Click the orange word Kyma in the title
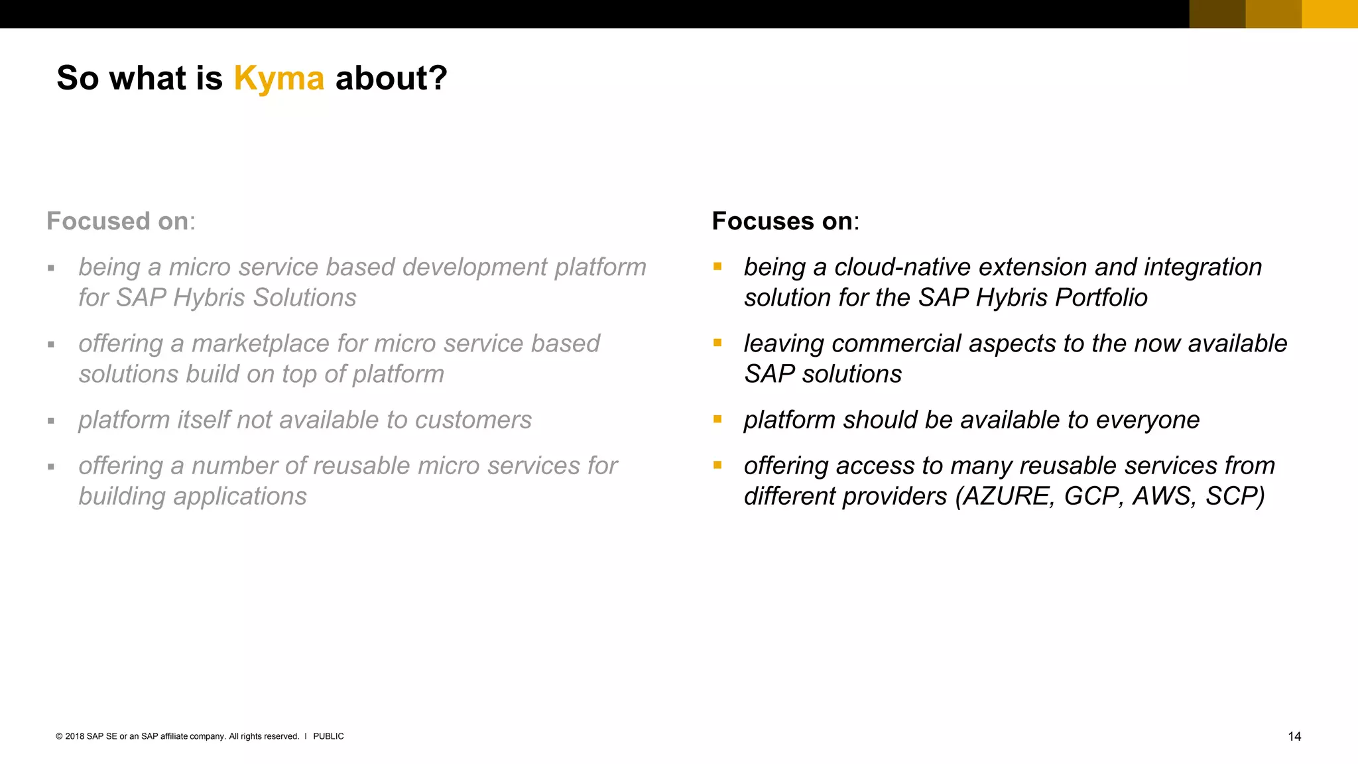pos(278,78)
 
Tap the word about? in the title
pos(391,78)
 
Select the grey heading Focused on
pos(119,221)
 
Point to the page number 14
pos(1294,736)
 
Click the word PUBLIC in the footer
pos(328,736)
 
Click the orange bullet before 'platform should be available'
pos(717,419)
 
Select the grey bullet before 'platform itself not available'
pos(51,420)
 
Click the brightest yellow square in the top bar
pos(1329,13)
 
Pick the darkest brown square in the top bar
pos(1217,13)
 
